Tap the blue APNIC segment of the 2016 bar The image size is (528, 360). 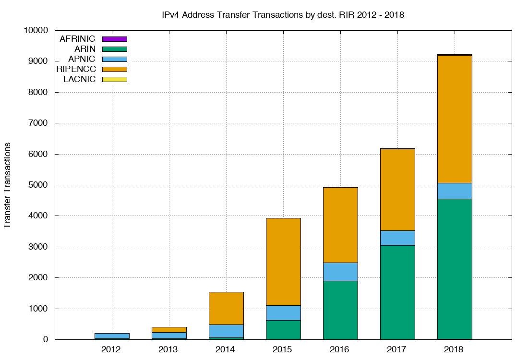click(x=340, y=272)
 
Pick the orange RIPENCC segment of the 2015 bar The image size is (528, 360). click(x=283, y=262)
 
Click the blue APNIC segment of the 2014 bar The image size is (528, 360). click(x=226, y=331)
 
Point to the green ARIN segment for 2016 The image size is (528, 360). click(x=340, y=310)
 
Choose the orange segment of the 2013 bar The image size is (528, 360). click(x=169, y=329)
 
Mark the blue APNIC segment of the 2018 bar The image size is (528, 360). click(x=455, y=191)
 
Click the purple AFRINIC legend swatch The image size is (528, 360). click(x=115, y=39)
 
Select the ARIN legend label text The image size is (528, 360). click(x=85, y=49)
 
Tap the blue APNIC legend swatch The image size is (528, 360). click(x=115, y=59)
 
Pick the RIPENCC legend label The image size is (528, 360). click(x=76, y=69)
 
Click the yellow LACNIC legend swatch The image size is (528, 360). click(x=115, y=79)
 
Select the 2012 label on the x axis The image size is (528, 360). click(x=112, y=349)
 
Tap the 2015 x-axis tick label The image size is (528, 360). click(x=283, y=349)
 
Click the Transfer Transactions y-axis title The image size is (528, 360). click(x=8, y=185)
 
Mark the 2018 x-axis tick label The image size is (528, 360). click(x=455, y=349)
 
